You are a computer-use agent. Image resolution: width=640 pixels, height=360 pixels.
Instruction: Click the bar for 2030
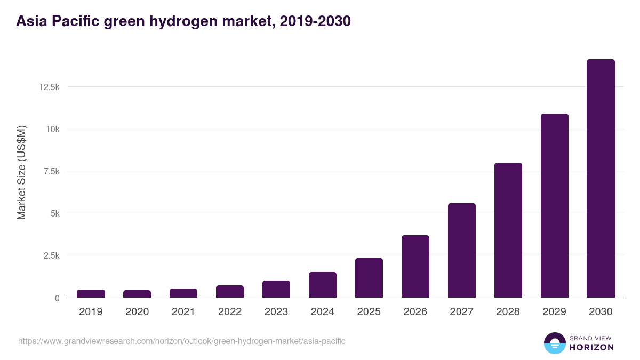coord(601,179)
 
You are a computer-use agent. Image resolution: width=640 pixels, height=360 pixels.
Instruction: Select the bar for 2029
coord(554,206)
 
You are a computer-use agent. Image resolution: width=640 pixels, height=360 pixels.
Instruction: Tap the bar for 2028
coord(508,230)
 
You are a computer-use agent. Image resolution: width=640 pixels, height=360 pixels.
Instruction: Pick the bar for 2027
coord(461,251)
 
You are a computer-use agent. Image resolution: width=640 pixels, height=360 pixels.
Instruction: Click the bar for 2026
coord(415,267)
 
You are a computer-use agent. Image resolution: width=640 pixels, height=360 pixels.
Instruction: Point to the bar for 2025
coord(369,278)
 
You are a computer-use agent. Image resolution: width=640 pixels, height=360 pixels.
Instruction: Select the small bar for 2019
coord(91,294)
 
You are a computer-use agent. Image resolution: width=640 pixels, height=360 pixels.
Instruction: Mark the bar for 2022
coord(230,292)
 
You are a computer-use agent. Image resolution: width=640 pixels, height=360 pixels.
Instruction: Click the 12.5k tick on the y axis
coord(49,87)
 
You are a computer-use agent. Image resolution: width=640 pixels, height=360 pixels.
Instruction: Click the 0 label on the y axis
coord(57,298)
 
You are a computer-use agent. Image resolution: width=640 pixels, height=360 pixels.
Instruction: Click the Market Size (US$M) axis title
coord(21,173)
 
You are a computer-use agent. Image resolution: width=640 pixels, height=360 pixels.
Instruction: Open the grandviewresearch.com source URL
coord(181,341)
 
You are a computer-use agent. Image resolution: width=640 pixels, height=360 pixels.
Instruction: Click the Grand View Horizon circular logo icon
coord(554,343)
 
